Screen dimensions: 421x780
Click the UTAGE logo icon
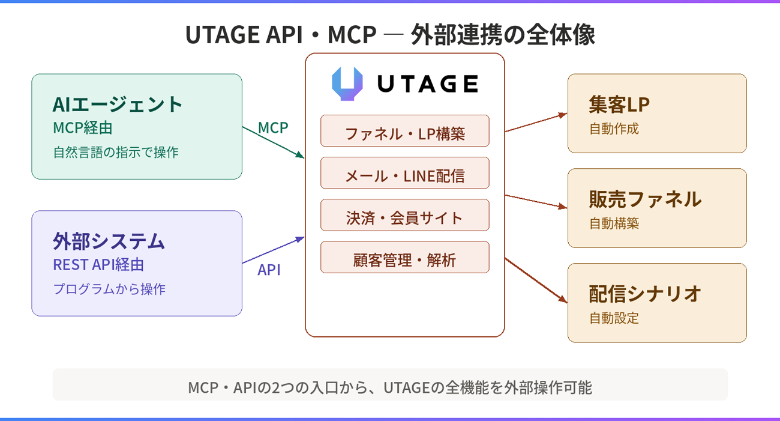[347, 83]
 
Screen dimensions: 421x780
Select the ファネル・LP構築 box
[405, 131]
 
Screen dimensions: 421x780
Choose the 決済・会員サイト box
[405, 215]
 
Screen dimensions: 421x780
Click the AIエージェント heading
[118, 104]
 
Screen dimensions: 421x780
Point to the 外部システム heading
[109, 241]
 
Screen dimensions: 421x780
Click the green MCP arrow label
[273, 128]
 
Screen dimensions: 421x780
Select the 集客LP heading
[619, 104]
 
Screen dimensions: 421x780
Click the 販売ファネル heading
[645, 199]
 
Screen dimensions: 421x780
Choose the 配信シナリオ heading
[645, 294]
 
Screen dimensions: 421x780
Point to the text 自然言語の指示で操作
[116, 152]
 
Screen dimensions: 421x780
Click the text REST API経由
[98, 264]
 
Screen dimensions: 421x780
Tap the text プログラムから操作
[109, 289]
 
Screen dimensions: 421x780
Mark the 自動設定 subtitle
[614, 318]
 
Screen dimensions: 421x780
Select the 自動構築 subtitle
[614, 223]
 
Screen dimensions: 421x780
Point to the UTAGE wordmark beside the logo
[427, 83]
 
